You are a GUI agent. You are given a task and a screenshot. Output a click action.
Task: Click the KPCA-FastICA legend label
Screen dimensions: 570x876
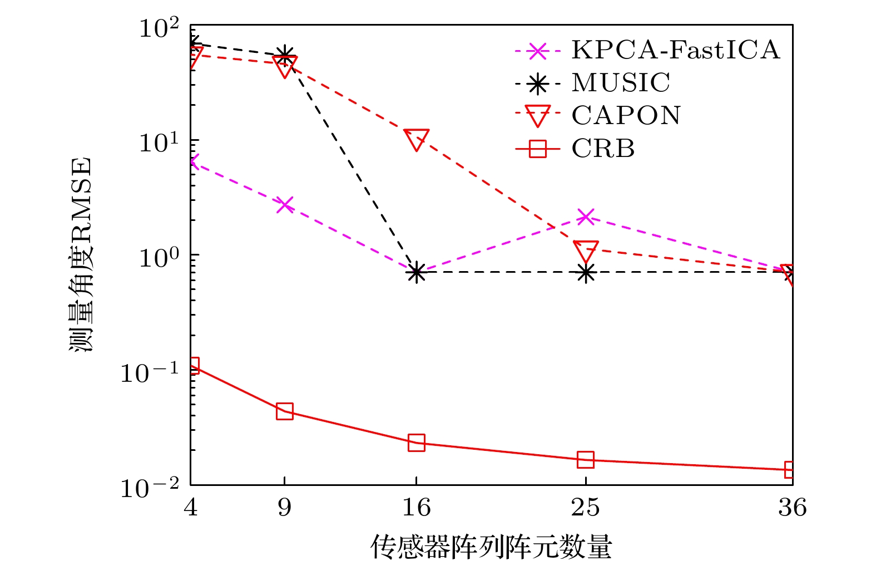(675, 50)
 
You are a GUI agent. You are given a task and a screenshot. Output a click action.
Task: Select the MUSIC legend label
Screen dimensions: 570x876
(621, 83)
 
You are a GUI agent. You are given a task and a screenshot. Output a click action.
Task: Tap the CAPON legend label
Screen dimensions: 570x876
(626, 116)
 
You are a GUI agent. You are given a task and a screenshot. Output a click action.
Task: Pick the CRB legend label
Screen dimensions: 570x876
(603, 149)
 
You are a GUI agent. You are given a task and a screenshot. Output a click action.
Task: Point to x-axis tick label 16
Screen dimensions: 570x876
(416, 507)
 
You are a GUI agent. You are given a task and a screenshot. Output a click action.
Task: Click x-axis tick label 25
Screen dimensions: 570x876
(585, 507)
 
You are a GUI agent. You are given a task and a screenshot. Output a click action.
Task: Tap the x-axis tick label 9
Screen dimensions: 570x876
(284, 507)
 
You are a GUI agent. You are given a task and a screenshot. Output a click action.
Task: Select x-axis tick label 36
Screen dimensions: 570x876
(792, 507)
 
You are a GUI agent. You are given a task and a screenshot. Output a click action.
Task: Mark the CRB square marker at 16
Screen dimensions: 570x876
(416, 443)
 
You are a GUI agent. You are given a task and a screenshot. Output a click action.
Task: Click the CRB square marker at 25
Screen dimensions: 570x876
(585, 460)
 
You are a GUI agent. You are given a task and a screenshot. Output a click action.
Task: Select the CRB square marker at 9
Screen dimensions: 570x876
(284, 411)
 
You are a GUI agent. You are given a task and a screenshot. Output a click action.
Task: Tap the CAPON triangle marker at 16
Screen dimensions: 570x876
(416, 139)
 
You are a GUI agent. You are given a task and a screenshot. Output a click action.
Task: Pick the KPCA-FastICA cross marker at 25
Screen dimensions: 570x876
(585, 217)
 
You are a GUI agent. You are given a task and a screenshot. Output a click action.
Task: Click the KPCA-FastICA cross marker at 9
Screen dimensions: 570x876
(284, 205)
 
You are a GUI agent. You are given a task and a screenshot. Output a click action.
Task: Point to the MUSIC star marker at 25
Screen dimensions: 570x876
(585, 273)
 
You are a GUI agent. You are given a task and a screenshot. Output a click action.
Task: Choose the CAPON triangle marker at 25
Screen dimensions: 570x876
(585, 250)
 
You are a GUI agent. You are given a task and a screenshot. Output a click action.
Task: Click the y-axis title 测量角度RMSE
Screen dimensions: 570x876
(81, 255)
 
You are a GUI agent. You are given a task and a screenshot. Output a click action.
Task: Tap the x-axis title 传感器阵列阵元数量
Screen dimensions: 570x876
(491, 547)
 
